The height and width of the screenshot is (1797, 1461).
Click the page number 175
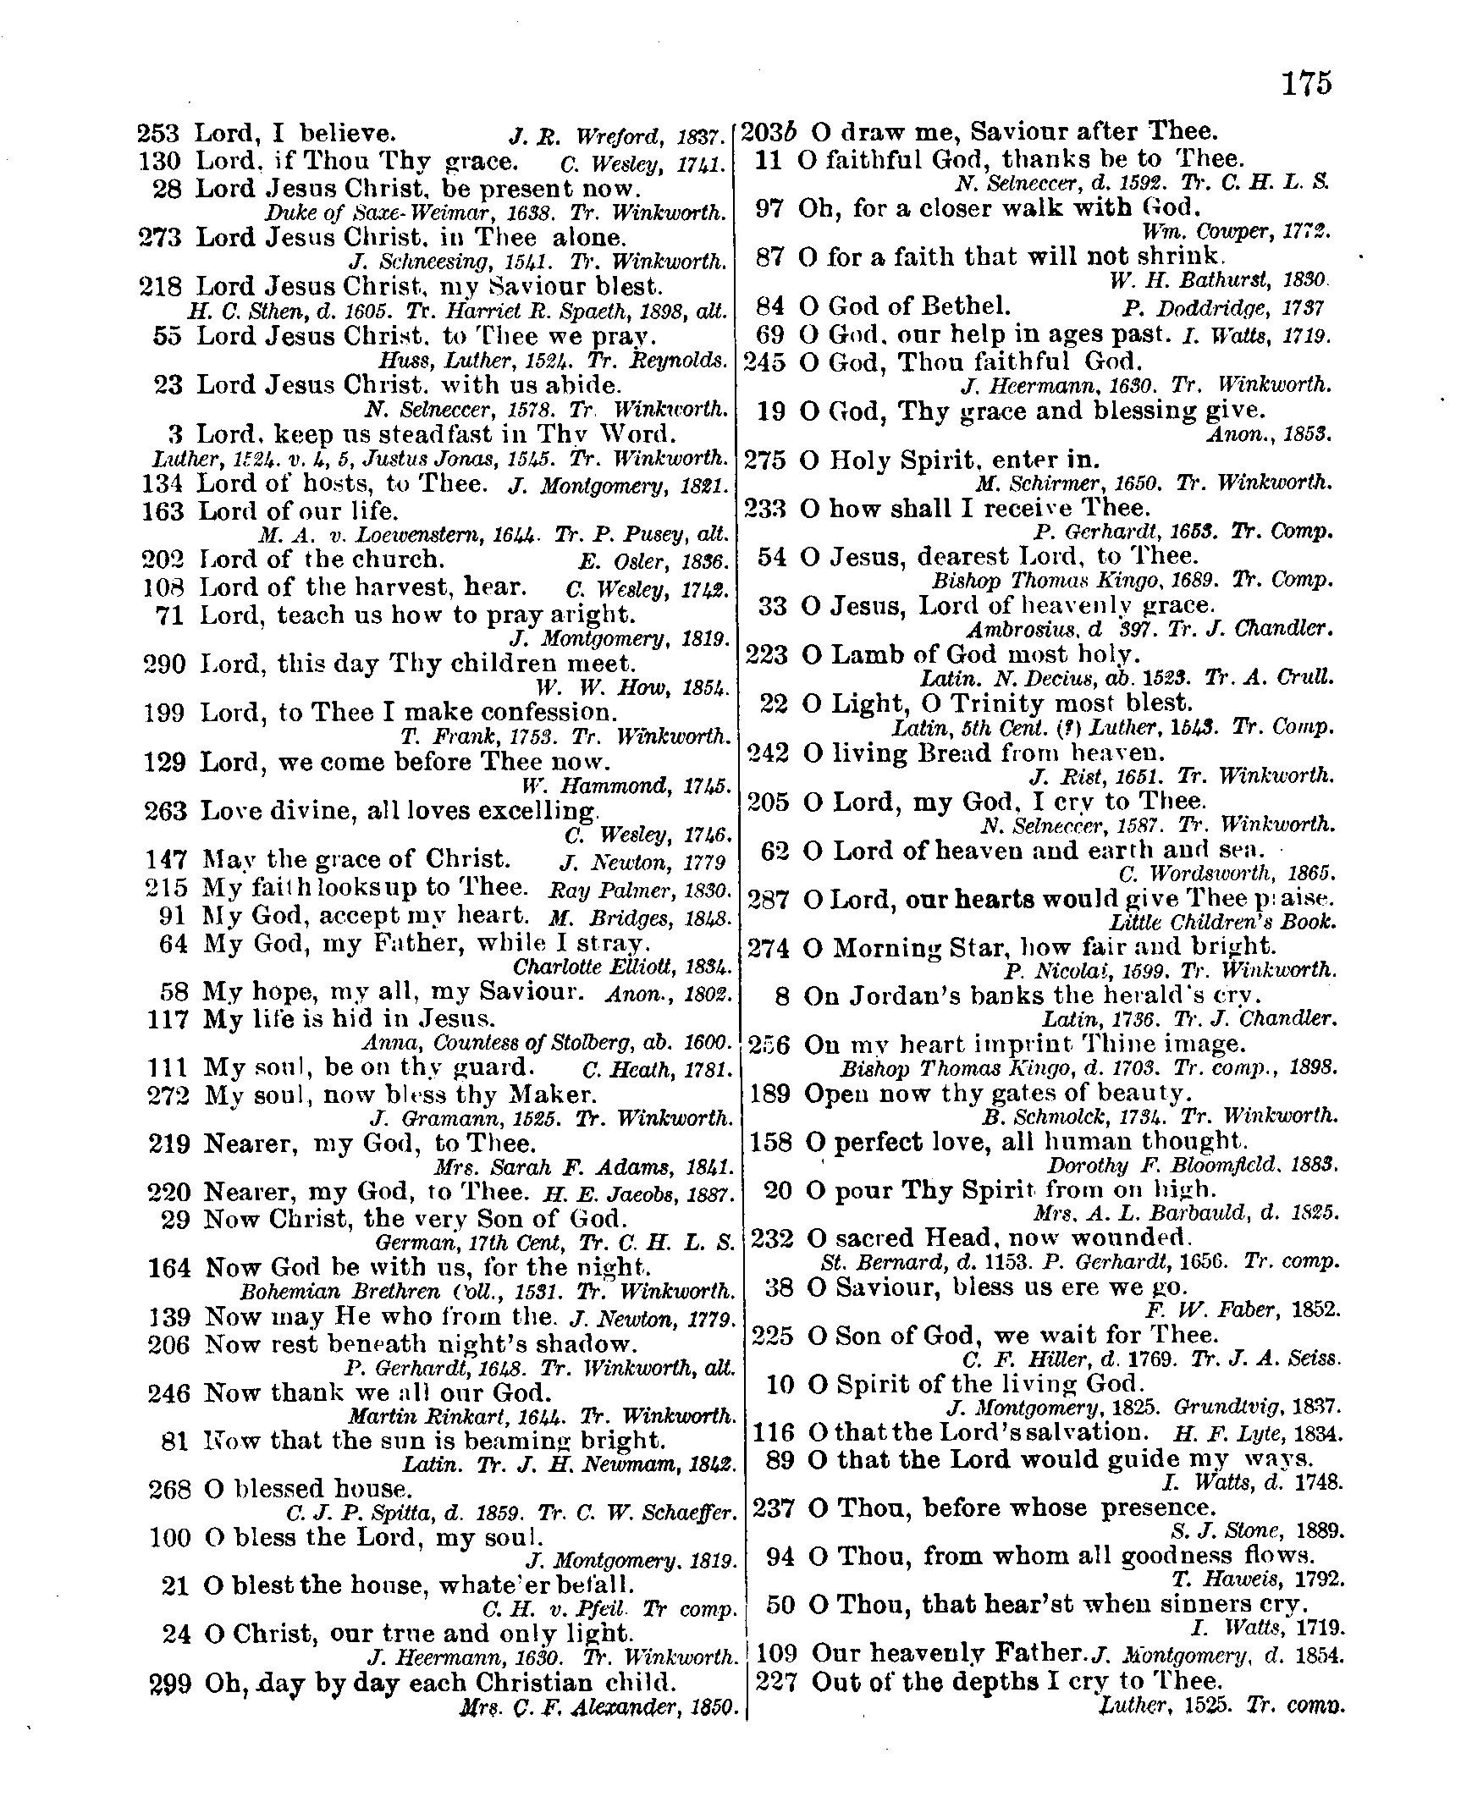[1306, 84]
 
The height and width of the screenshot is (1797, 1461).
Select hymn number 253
[158, 133]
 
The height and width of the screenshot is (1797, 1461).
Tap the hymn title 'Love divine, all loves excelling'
[399, 811]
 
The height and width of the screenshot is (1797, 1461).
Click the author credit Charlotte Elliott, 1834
[623, 967]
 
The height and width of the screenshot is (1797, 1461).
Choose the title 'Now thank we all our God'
[378, 1392]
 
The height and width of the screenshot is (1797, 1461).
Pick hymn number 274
[769, 947]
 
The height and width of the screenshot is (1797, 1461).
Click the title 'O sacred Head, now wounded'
[999, 1238]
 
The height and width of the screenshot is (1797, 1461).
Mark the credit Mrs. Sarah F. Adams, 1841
[582, 1168]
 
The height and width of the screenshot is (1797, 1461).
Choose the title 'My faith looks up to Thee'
[366, 887]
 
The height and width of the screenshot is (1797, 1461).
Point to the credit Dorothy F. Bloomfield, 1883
[1194, 1165]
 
